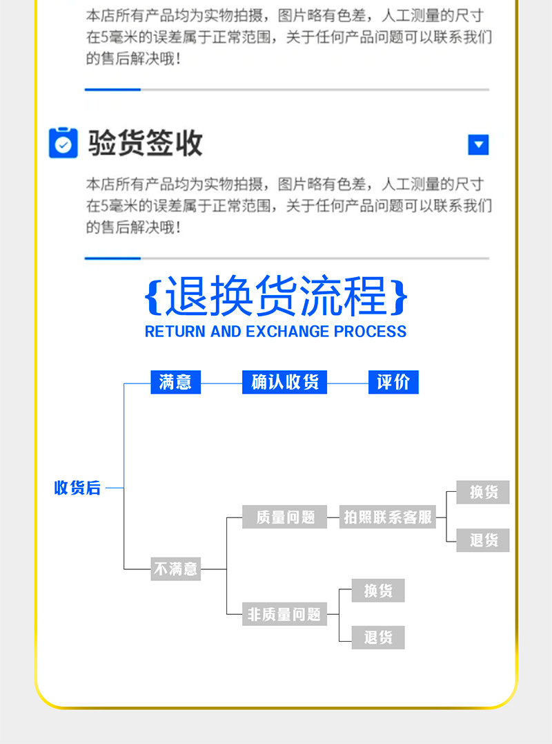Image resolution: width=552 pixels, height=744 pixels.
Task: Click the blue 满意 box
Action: pos(175,382)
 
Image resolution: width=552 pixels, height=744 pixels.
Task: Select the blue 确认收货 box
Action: pos(284,382)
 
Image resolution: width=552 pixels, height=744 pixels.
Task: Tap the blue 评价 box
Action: pos(393,382)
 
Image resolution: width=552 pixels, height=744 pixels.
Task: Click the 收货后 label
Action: pos(77,488)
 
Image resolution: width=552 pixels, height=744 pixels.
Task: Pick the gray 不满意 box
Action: pos(175,569)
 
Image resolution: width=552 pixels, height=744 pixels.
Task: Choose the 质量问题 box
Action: pos(285,517)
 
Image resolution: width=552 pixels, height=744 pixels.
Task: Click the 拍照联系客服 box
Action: pos(388,517)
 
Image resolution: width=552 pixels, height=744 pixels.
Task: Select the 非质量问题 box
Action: pos(284,614)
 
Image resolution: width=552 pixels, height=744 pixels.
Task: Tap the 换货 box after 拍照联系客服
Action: pos(483,493)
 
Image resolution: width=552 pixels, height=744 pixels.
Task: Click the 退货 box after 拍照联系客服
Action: pos(483,540)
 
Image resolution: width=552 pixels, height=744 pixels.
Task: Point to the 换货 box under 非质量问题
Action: pos(378,591)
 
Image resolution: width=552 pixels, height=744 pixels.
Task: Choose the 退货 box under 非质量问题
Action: pos(378,638)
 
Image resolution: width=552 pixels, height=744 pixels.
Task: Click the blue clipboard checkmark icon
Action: pos(63,143)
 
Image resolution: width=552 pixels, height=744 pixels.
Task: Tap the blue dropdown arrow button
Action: pos(478,145)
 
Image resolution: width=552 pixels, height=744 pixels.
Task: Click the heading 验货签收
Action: pos(146,143)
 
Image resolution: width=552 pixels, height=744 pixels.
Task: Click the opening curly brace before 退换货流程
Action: pos(153,297)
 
